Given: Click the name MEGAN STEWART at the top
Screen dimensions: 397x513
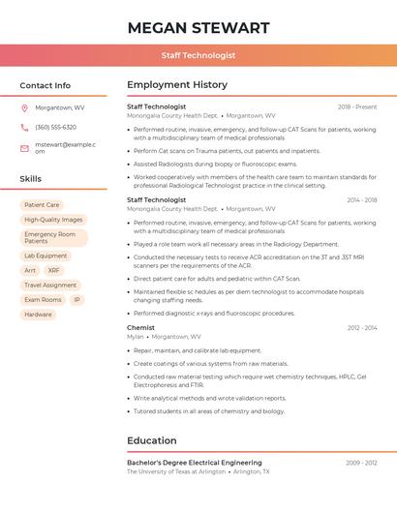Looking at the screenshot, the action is pyautogui.click(x=198, y=27).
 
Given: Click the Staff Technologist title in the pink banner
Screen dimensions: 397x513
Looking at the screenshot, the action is pyautogui.click(x=198, y=55).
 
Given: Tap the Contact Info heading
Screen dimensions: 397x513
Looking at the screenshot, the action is pyautogui.click(x=46, y=85).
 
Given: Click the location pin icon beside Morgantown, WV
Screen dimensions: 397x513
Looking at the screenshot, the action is pyautogui.click(x=24, y=108).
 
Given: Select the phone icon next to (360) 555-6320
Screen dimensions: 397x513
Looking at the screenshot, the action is pyautogui.click(x=24, y=128).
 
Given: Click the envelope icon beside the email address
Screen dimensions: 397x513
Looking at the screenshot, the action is pyautogui.click(x=24, y=148).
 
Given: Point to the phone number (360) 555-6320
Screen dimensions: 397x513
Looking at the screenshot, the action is pyautogui.click(x=56, y=128).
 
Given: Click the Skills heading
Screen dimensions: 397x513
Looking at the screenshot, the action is pyautogui.click(x=31, y=179).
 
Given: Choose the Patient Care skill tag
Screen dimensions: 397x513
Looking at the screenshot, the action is pyautogui.click(x=42, y=205).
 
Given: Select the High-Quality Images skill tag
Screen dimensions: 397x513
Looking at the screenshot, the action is pyautogui.click(x=53, y=220).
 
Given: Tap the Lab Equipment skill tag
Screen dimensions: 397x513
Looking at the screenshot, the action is pyautogui.click(x=46, y=256).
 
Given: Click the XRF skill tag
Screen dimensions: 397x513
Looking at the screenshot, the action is pyautogui.click(x=54, y=271).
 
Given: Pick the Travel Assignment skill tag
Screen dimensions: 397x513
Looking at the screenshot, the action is pyautogui.click(x=50, y=286).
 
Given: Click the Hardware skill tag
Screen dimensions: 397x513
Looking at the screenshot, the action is pyautogui.click(x=39, y=315).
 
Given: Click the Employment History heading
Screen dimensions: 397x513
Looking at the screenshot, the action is pyautogui.click(x=177, y=85).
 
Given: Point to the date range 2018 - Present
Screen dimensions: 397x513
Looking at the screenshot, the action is pyautogui.click(x=357, y=107).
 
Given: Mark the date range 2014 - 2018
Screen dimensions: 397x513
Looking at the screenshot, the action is pyautogui.click(x=361, y=200).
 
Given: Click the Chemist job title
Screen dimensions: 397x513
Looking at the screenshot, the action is pyautogui.click(x=140, y=328).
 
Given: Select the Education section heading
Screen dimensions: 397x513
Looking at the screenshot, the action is pyautogui.click(x=152, y=440).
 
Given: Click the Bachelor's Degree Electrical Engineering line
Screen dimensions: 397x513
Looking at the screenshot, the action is pyautogui.click(x=195, y=464).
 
